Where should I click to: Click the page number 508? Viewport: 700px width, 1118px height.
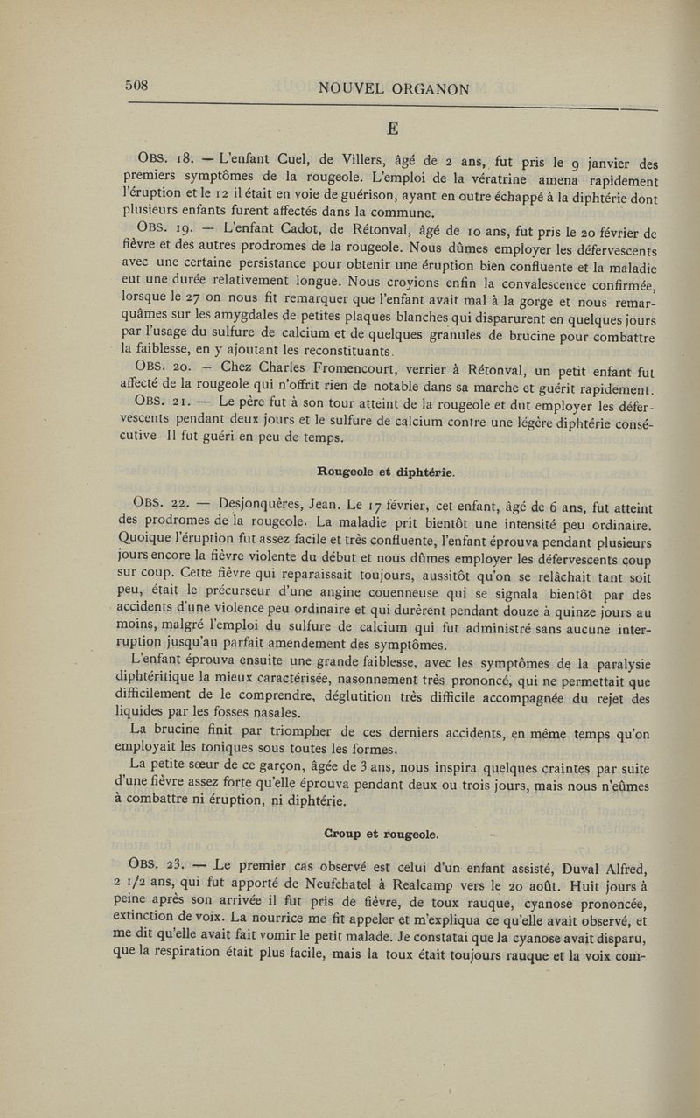(x=138, y=86)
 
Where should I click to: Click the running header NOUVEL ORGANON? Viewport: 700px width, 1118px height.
(x=395, y=88)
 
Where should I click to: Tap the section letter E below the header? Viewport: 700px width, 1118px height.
(x=393, y=129)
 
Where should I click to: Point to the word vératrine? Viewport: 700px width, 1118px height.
(x=473, y=178)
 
